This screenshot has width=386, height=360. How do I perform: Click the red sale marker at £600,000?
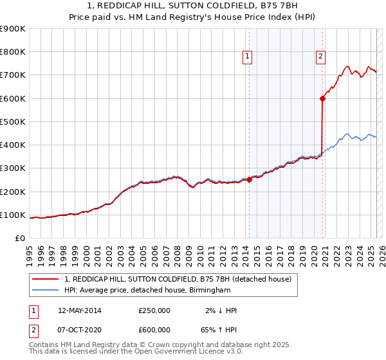[x=322, y=98]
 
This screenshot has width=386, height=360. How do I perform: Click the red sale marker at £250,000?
[x=249, y=179]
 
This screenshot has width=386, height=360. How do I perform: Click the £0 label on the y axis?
[x=20, y=239]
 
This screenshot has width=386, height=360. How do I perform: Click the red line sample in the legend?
[x=46, y=279]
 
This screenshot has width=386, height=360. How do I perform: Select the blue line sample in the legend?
[x=46, y=291]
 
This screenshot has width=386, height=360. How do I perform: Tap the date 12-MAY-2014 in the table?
[x=80, y=310]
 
